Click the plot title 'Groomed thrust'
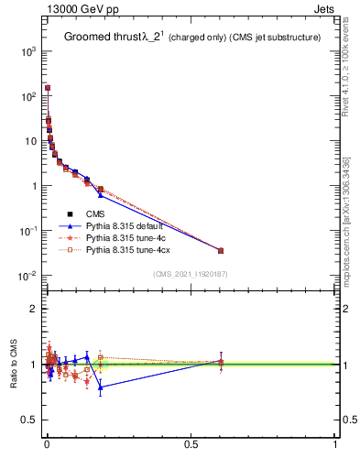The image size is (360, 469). coord(100,37)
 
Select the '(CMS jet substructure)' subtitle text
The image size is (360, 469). coord(280,38)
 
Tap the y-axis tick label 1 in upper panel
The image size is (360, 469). coord(34,187)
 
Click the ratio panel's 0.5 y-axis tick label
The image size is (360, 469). coord(29,420)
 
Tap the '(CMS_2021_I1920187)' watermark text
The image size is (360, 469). coord(190,274)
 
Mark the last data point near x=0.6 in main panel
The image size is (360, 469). coord(221,250)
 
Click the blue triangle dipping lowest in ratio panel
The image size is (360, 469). coord(101,387)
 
